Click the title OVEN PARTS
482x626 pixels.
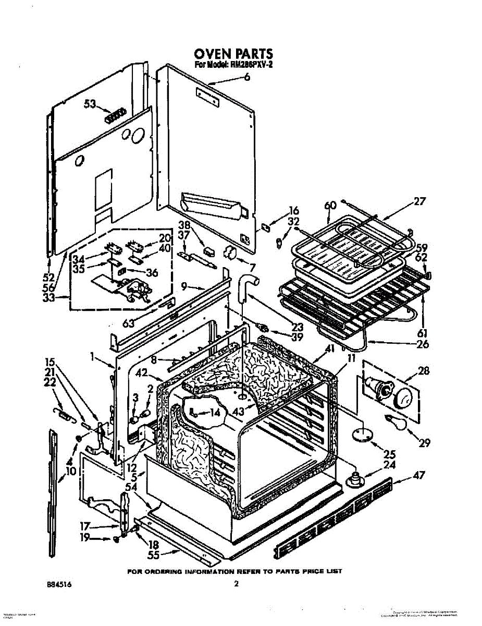[x=233, y=54]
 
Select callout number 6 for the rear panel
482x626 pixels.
[x=246, y=78]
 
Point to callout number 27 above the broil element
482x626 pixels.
[x=420, y=201]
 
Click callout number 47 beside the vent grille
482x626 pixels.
[x=419, y=475]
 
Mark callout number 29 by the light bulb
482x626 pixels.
[x=425, y=443]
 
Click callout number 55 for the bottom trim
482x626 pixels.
[x=152, y=556]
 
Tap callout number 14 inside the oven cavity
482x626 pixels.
[x=214, y=413]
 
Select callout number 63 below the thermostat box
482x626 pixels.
[x=129, y=323]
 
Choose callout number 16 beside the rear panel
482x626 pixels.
[x=294, y=211]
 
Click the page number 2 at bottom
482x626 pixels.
[x=236, y=585]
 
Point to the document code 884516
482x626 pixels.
[x=59, y=585]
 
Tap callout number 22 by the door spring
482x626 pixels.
[x=50, y=382]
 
